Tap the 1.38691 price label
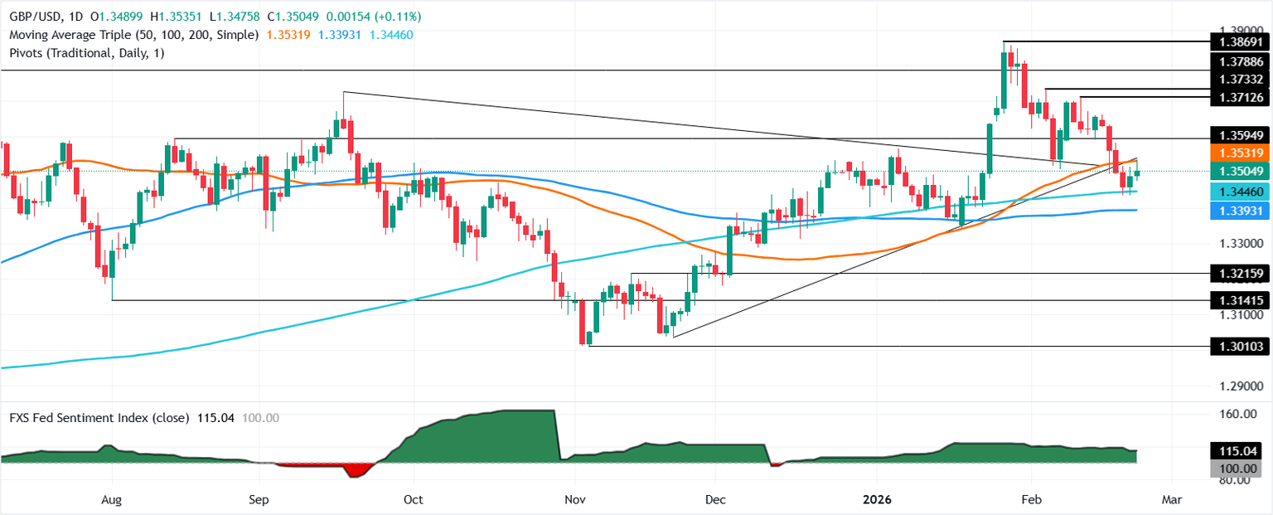click(x=1240, y=41)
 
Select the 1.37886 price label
click(x=1240, y=61)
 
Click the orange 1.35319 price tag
click(x=1240, y=153)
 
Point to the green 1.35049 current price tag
click(x=1240, y=172)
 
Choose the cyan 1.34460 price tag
click(x=1240, y=192)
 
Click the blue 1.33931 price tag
click(x=1240, y=211)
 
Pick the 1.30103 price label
click(x=1240, y=347)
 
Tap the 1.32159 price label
click(x=1240, y=273)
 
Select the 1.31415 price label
click(x=1240, y=300)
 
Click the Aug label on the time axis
click(x=111, y=500)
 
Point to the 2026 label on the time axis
click(x=877, y=500)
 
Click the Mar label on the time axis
click(x=1171, y=500)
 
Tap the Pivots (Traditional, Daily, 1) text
click(x=84, y=51)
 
